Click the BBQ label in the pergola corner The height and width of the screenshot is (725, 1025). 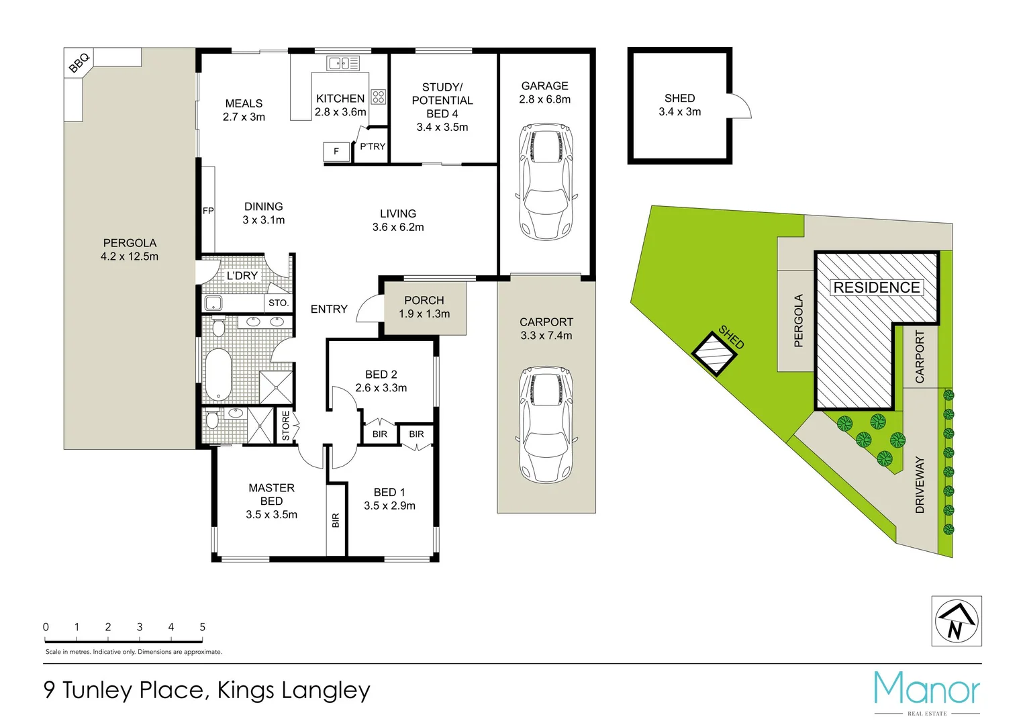pos(79,62)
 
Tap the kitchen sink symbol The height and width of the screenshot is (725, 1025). pos(342,63)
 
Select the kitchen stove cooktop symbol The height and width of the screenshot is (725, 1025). pos(379,97)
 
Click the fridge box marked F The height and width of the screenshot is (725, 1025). pos(336,152)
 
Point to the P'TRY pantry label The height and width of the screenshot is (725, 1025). pos(373,146)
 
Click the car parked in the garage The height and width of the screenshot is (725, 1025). pos(545,181)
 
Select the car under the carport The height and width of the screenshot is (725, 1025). pos(546,424)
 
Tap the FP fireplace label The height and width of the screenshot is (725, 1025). pos(208,211)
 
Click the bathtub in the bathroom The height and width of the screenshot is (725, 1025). pos(217,374)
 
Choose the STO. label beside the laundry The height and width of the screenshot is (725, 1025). pos(279,303)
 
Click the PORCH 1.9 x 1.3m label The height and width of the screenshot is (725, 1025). pos(424,307)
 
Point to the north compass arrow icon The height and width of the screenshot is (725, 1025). pos(957,621)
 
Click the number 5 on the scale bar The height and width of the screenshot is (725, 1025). pos(202,627)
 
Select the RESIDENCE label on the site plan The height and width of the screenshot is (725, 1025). pos(876,287)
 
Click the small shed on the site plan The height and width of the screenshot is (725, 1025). pos(714,353)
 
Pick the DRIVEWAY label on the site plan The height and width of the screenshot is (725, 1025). pos(920,485)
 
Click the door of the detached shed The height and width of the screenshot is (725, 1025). pos(740,106)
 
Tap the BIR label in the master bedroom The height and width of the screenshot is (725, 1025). pos(336,520)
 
